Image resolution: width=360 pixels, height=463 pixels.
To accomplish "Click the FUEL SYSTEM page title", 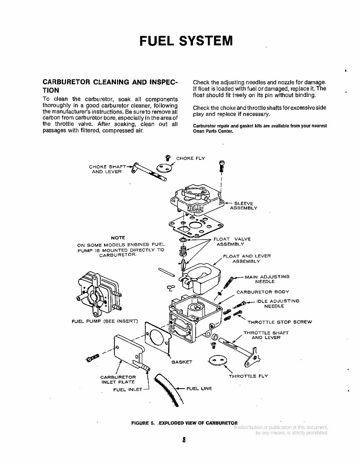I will (186, 41).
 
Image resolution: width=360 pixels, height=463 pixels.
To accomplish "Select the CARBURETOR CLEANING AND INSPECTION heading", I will (110, 86).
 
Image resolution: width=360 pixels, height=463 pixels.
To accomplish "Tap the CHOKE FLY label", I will (190, 158).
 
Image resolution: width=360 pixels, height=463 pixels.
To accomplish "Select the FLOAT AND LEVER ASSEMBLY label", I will (246, 259).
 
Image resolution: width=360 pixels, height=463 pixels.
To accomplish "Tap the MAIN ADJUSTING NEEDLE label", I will (267, 279).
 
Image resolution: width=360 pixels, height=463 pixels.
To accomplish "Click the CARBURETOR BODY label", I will (262, 292).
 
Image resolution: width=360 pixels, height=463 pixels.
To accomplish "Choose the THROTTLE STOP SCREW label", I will (279, 322).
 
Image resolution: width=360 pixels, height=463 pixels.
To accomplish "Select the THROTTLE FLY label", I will (248, 376).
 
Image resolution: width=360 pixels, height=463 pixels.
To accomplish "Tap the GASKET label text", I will (182, 362).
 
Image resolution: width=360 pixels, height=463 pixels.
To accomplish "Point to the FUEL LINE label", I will (199, 389).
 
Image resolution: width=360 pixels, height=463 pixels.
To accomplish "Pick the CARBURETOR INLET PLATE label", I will (118, 379).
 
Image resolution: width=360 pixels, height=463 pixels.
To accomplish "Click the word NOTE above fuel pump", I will (118, 238).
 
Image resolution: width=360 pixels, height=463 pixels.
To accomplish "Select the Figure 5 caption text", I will (184, 423).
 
